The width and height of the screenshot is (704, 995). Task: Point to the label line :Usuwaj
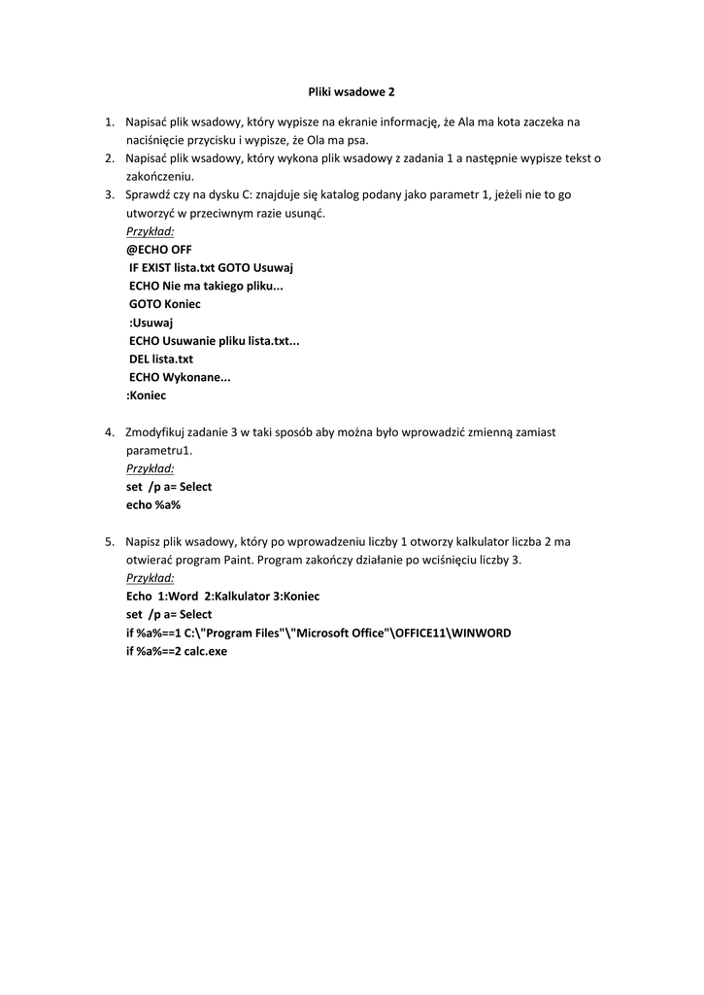tap(151, 323)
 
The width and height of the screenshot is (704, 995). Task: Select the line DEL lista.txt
tap(161, 359)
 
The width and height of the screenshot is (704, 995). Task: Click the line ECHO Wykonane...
tap(180, 377)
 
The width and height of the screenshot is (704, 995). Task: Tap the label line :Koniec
tap(147, 395)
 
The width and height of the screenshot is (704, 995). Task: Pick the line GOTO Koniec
tap(165, 304)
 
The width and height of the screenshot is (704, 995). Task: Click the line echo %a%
tap(153, 504)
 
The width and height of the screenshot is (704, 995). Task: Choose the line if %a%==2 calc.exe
tap(176, 651)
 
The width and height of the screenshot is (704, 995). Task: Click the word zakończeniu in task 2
tap(160, 177)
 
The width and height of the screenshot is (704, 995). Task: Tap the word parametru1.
tap(159, 450)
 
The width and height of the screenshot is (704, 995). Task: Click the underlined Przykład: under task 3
tap(151, 231)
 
